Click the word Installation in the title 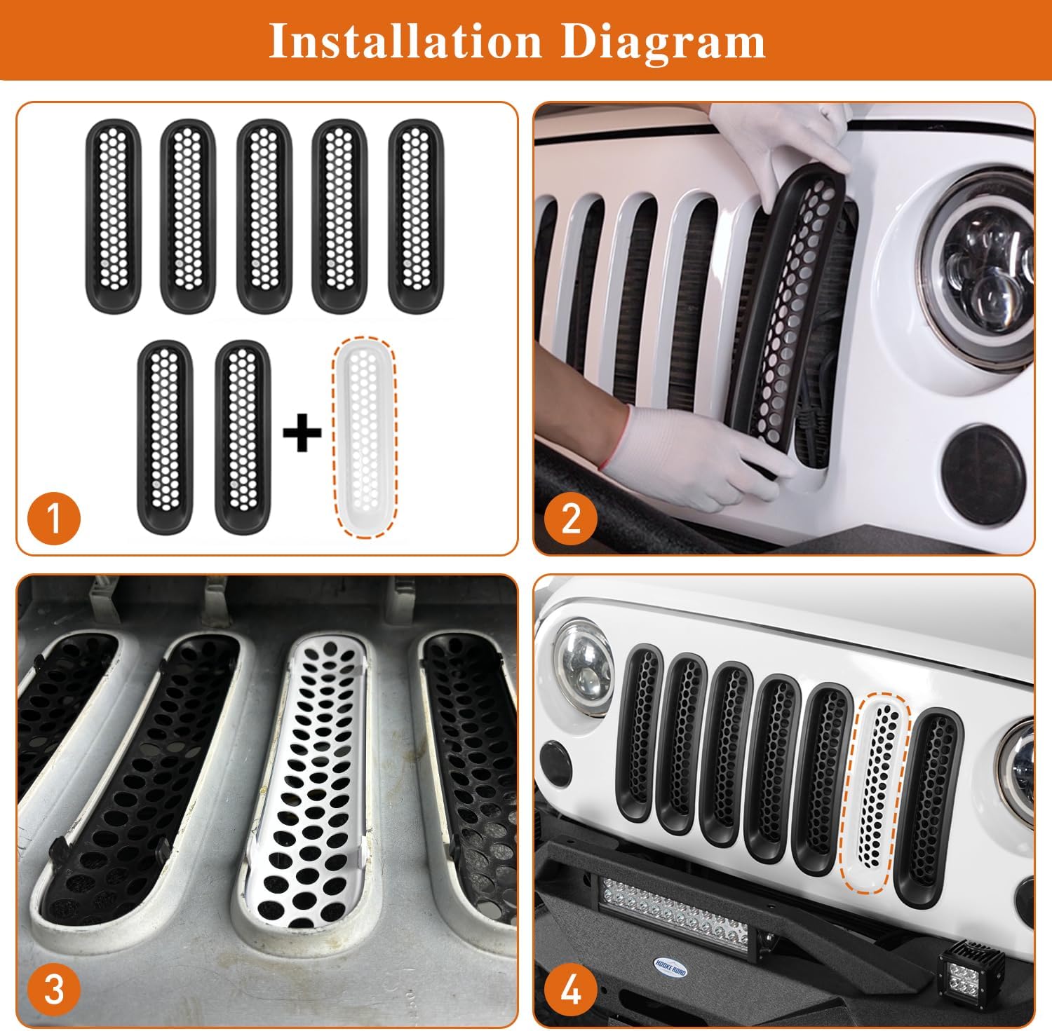(x=405, y=41)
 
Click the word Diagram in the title (x=663, y=41)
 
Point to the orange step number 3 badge (x=54, y=991)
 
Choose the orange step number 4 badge (x=571, y=991)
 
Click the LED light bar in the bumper (x=656, y=911)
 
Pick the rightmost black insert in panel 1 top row (x=415, y=215)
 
